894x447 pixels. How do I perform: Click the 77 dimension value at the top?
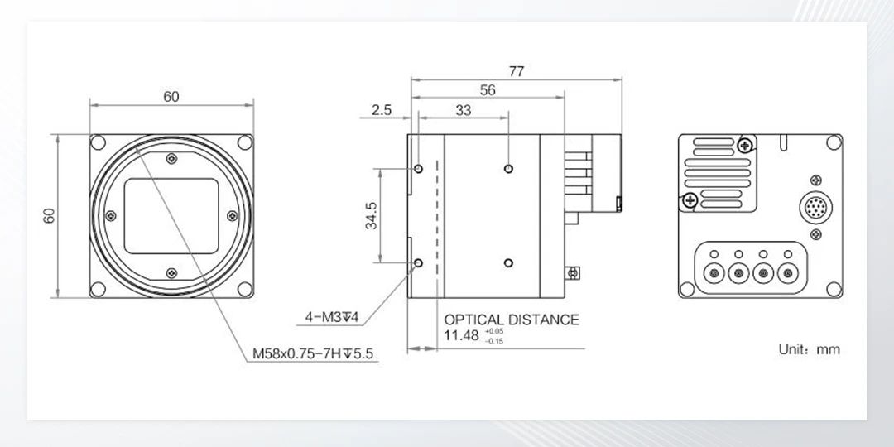(516, 71)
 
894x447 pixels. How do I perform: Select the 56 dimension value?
(488, 90)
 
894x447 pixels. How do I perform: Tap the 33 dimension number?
(464, 109)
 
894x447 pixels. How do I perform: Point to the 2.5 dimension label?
(382, 109)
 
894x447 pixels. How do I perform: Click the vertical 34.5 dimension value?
(372, 215)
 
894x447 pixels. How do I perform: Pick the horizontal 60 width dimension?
(171, 97)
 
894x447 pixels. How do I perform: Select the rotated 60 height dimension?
(50, 215)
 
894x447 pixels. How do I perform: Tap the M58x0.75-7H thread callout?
(314, 354)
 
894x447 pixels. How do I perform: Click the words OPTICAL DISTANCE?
(512, 320)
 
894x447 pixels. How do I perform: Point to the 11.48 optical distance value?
(461, 335)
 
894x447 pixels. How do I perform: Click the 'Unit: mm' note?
(809, 349)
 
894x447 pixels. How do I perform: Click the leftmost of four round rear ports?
(711, 271)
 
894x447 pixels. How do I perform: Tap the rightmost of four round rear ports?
(787, 271)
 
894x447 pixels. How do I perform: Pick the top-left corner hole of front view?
(99, 142)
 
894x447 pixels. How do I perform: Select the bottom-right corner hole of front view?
(244, 289)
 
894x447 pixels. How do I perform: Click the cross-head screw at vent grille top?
(746, 146)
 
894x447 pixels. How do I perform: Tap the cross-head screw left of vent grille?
(689, 199)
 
